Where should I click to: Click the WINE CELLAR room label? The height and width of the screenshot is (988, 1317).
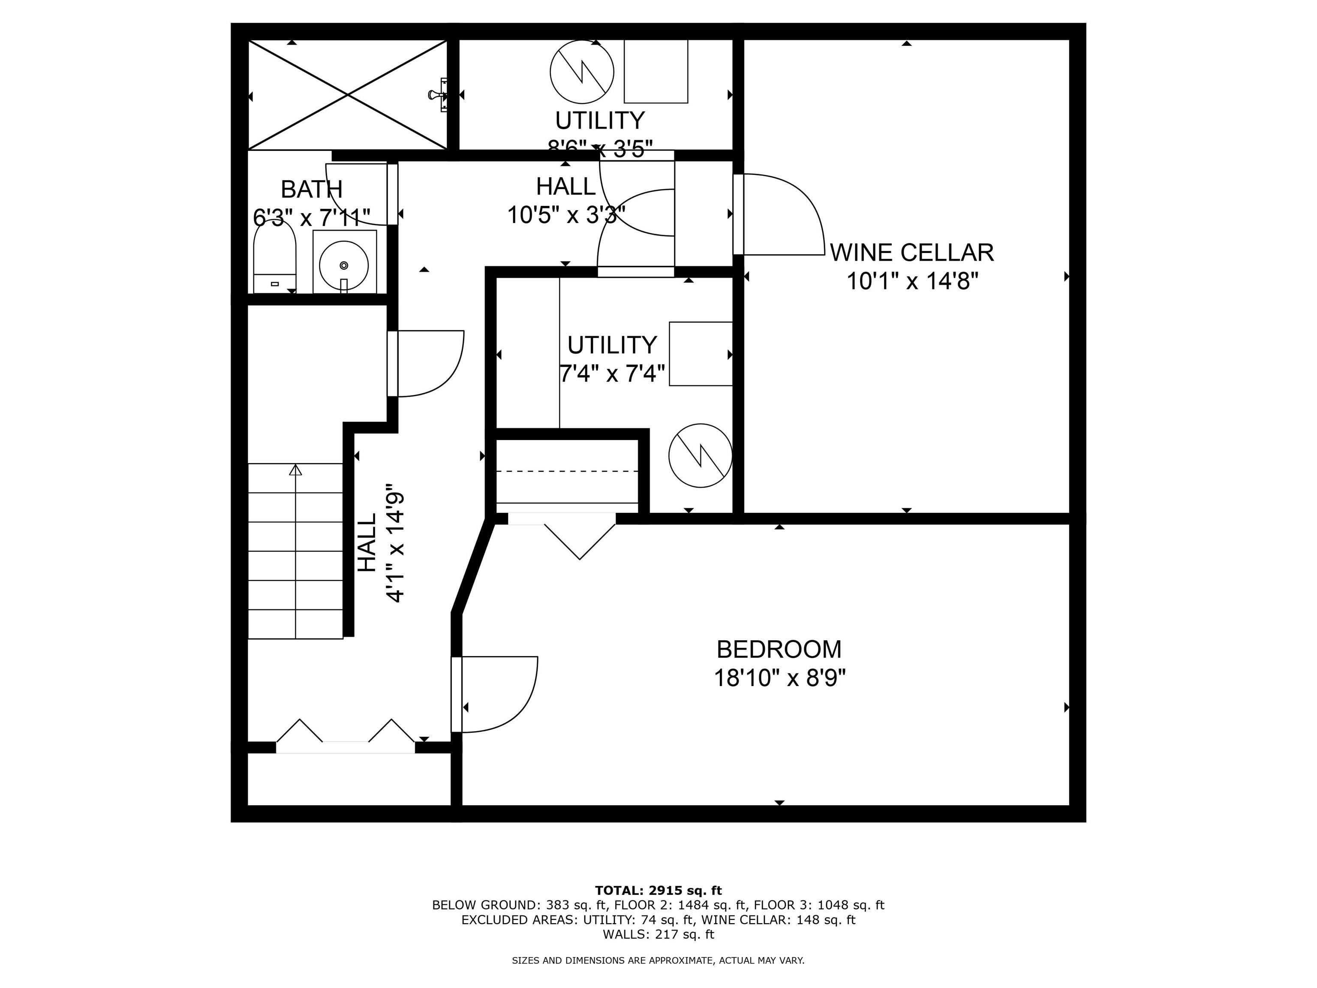coord(911,253)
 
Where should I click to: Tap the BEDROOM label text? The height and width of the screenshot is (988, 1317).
coord(779,649)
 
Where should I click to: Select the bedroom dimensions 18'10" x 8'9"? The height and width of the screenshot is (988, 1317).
coord(779,678)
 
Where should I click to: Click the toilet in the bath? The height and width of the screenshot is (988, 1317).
coord(274,257)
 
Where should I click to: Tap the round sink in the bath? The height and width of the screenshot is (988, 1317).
coord(343,265)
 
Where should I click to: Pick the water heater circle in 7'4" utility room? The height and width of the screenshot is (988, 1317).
coord(700,455)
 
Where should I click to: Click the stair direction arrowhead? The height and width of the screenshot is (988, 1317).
coord(295,470)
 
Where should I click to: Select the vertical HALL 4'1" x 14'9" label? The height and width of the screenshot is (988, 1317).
coord(381,542)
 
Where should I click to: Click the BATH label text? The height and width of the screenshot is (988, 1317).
coord(311,190)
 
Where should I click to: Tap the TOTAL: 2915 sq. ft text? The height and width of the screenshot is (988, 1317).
coord(658,890)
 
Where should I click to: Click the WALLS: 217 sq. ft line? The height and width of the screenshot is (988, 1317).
coord(658,934)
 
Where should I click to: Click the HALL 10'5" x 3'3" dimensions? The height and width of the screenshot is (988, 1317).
coord(565,214)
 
